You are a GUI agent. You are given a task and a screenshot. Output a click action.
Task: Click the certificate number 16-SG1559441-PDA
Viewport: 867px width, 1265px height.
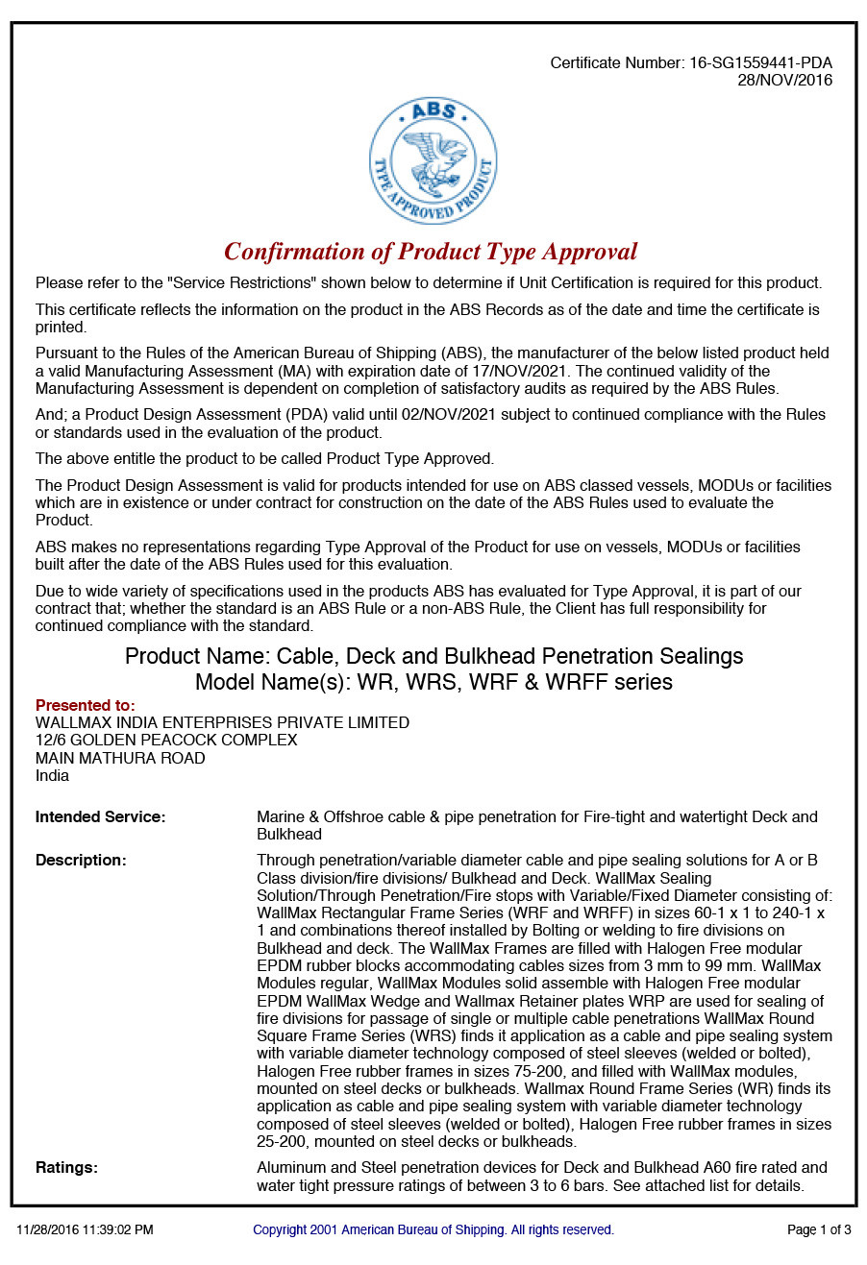point(760,63)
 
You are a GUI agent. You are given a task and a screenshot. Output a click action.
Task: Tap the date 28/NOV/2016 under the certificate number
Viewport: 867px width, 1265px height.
point(784,81)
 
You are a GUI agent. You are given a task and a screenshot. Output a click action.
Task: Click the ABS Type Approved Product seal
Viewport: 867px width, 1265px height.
point(433,160)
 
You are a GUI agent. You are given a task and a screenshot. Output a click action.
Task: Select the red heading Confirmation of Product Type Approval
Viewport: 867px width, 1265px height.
point(431,252)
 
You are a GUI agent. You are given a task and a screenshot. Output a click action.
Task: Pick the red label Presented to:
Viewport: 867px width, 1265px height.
point(86,705)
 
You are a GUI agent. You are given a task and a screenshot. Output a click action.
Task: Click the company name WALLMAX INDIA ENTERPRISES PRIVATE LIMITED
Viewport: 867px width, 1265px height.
point(222,722)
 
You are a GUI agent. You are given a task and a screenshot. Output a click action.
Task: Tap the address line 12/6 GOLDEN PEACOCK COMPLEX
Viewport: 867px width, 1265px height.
point(166,741)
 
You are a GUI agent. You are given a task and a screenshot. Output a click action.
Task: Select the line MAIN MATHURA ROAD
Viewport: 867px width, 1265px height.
point(120,758)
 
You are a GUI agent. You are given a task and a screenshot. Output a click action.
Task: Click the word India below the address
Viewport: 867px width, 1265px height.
point(52,775)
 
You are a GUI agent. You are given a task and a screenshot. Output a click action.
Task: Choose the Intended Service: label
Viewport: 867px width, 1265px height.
point(100,817)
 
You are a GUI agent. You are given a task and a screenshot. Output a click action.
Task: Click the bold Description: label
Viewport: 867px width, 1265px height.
point(81,861)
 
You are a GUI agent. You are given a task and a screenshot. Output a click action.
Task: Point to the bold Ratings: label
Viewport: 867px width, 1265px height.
point(66,1168)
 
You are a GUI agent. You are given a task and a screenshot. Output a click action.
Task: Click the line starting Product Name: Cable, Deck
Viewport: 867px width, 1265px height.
point(433,656)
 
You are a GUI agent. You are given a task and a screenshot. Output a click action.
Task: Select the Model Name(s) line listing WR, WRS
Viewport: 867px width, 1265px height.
point(433,682)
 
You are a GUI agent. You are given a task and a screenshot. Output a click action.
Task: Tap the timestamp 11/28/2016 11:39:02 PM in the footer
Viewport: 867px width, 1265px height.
point(85,1229)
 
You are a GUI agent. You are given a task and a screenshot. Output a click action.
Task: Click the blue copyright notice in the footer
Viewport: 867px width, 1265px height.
point(433,1229)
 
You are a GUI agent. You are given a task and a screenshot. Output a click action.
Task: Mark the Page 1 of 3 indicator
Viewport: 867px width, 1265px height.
point(819,1229)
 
